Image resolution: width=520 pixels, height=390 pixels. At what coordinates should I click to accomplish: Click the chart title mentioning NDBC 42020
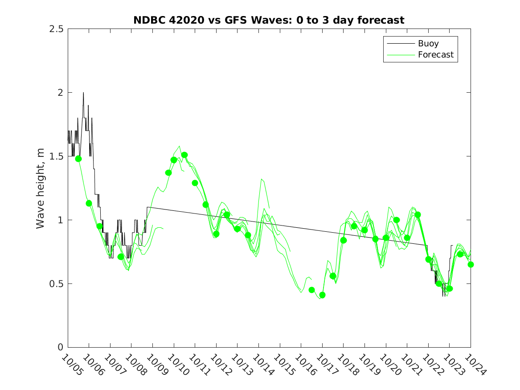[269, 20]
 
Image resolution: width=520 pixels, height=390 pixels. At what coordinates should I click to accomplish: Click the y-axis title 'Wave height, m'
[41, 188]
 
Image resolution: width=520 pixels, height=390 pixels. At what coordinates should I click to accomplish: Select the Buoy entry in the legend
[428, 44]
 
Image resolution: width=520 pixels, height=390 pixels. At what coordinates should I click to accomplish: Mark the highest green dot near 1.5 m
[184, 155]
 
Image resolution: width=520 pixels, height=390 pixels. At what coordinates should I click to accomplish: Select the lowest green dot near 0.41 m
[323, 295]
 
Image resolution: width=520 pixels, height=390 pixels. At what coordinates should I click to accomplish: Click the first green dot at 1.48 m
[78, 159]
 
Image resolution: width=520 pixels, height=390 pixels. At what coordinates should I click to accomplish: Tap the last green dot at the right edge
[471, 264]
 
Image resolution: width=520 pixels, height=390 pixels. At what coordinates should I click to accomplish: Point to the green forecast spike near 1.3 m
[262, 179]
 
